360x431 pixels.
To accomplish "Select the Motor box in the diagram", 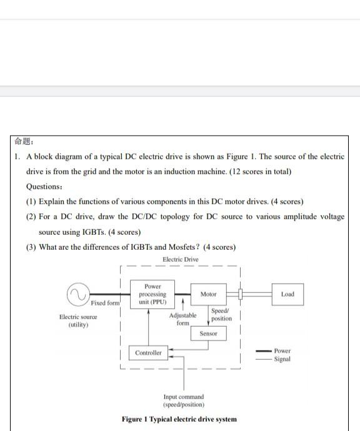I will coord(209,294).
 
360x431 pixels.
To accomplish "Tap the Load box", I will coord(287,294).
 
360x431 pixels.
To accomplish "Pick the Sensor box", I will coord(209,334).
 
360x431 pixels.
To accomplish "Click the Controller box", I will coord(148,353).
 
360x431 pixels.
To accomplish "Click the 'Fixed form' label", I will coord(105,303).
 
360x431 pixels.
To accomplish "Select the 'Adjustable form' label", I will coord(182,319).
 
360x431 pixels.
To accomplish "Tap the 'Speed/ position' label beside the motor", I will coord(221,315).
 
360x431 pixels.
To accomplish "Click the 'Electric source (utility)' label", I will coord(78,321).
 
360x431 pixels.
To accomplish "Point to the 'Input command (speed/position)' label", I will coord(184,400).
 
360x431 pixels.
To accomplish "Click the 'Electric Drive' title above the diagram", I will coord(180,259).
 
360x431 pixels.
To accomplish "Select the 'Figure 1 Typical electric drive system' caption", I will coord(179,419).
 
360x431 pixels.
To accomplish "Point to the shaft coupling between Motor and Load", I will coord(240,294).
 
